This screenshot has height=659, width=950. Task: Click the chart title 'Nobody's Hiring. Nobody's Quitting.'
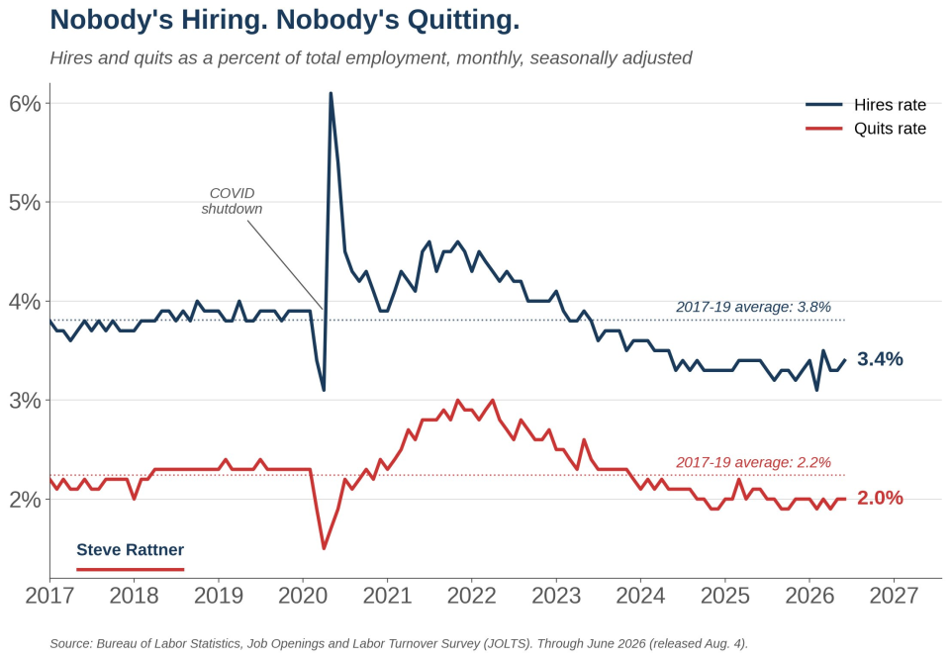(285, 20)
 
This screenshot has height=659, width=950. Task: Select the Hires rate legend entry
(866, 105)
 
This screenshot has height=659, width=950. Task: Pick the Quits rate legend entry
(866, 129)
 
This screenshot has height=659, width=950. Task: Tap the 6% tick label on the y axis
(26, 104)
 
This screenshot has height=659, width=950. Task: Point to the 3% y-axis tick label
(26, 401)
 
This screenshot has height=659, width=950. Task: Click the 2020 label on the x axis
(303, 596)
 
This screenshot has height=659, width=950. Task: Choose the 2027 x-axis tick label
(894, 596)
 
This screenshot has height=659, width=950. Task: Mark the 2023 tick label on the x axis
(556, 596)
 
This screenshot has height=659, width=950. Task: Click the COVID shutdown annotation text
(232, 201)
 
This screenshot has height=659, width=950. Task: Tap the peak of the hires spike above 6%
(331, 93)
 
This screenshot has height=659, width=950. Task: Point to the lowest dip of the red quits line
(325, 548)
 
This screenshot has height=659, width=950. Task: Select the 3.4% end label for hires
(880, 359)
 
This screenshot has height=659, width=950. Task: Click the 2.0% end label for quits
(880, 498)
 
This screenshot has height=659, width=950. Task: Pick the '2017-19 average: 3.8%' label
(753, 307)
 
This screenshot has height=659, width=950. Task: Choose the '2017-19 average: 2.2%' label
(753, 463)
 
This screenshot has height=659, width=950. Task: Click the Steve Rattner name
(131, 550)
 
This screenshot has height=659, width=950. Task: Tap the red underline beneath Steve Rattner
(131, 569)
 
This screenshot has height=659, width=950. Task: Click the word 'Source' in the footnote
(70, 644)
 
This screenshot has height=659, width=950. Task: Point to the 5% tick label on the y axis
(26, 202)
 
